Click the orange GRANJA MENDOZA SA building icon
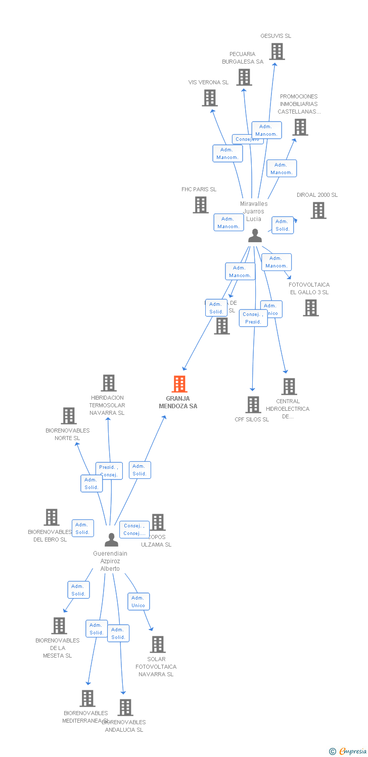(x=179, y=384)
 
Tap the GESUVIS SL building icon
(x=277, y=51)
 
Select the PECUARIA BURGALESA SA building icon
(x=244, y=77)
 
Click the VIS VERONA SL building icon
(x=210, y=98)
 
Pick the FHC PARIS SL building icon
(x=201, y=205)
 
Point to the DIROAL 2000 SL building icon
(x=318, y=210)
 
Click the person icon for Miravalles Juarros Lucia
(x=255, y=236)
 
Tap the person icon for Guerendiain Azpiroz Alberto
(x=111, y=540)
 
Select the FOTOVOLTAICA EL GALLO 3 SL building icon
(x=311, y=308)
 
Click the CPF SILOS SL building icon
(x=253, y=405)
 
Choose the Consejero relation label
(x=247, y=139)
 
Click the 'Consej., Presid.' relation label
(x=253, y=318)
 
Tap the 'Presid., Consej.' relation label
(x=109, y=471)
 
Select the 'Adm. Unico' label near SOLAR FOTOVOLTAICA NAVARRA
(x=138, y=602)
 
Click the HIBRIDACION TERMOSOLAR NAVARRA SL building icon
(x=109, y=383)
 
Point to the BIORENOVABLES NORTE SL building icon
(x=68, y=416)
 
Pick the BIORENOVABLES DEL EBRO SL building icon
(x=52, y=517)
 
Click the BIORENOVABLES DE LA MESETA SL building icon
(x=59, y=626)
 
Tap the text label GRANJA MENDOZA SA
(x=178, y=402)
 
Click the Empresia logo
(x=349, y=751)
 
